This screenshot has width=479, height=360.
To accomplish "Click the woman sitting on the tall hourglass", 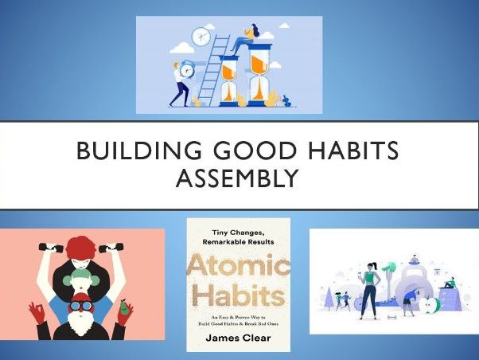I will (x=255, y=33).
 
